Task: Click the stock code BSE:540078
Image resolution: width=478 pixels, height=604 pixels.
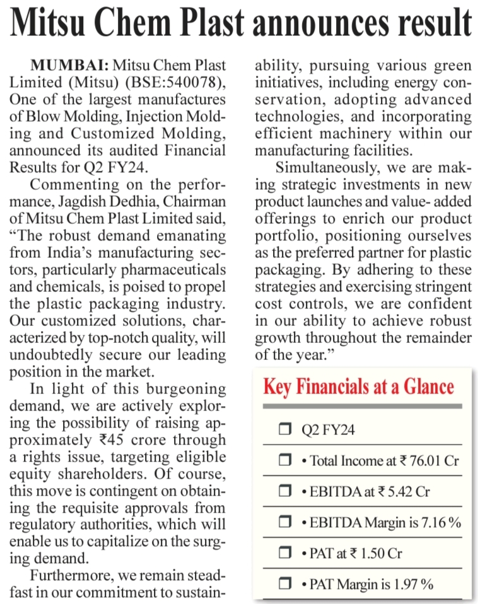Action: click(x=184, y=82)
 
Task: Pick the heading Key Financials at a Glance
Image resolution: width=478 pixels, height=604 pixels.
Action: click(x=358, y=386)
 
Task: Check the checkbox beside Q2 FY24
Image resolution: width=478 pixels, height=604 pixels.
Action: click(x=284, y=431)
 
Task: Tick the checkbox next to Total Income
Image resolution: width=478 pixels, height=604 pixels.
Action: click(x=284, y=461)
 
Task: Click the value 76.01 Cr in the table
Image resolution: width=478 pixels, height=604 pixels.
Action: click(x=434, y=461)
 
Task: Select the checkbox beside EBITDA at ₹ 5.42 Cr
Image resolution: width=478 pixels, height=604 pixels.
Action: click(x=284, y=492)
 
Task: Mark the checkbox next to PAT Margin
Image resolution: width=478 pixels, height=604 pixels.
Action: click(x=284, y=584)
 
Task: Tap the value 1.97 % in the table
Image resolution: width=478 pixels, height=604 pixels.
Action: click(x=412, y=584)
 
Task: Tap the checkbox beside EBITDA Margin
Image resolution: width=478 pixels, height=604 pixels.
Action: click(x=284, y=523)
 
